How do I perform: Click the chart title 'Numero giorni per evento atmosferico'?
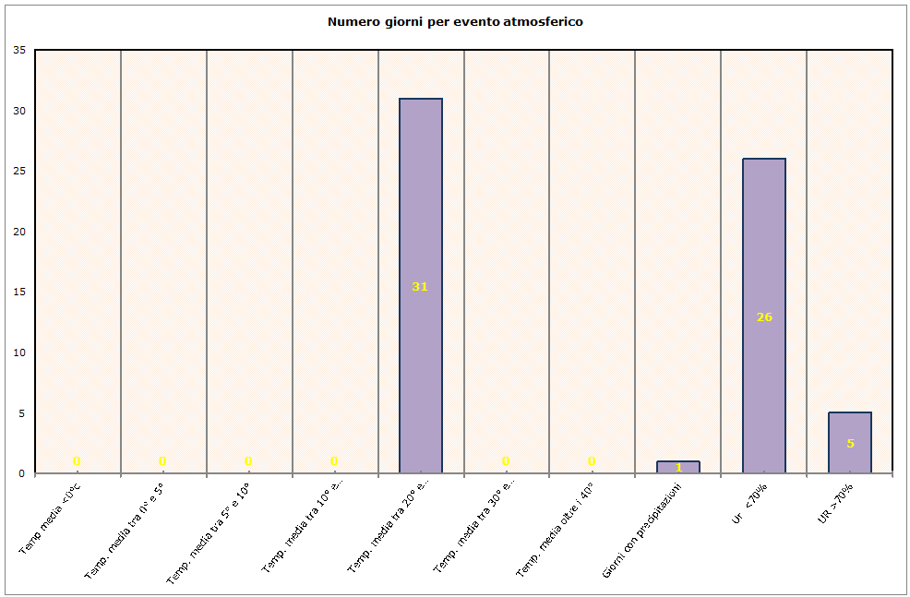[x=455, y=21]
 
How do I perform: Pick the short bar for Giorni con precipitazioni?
[x=678, y=463]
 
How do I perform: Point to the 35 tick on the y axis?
[x=19, y=51]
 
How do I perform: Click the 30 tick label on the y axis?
[x=19, y=112]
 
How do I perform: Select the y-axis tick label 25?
[x=19, y=172]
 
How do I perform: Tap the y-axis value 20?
[x=19, y=233]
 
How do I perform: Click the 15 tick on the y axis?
[x=19, y=293]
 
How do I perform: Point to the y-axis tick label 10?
[x=19, y=353]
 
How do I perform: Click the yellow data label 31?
[x=420, y=287]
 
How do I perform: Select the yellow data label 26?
[x=764, y=317]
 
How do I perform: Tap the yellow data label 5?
[x=850, y=444]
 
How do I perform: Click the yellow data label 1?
[x=678, y=468]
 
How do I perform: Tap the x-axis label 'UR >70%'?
[x=836, y=504]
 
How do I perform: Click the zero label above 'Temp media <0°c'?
[x=77, y=461]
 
